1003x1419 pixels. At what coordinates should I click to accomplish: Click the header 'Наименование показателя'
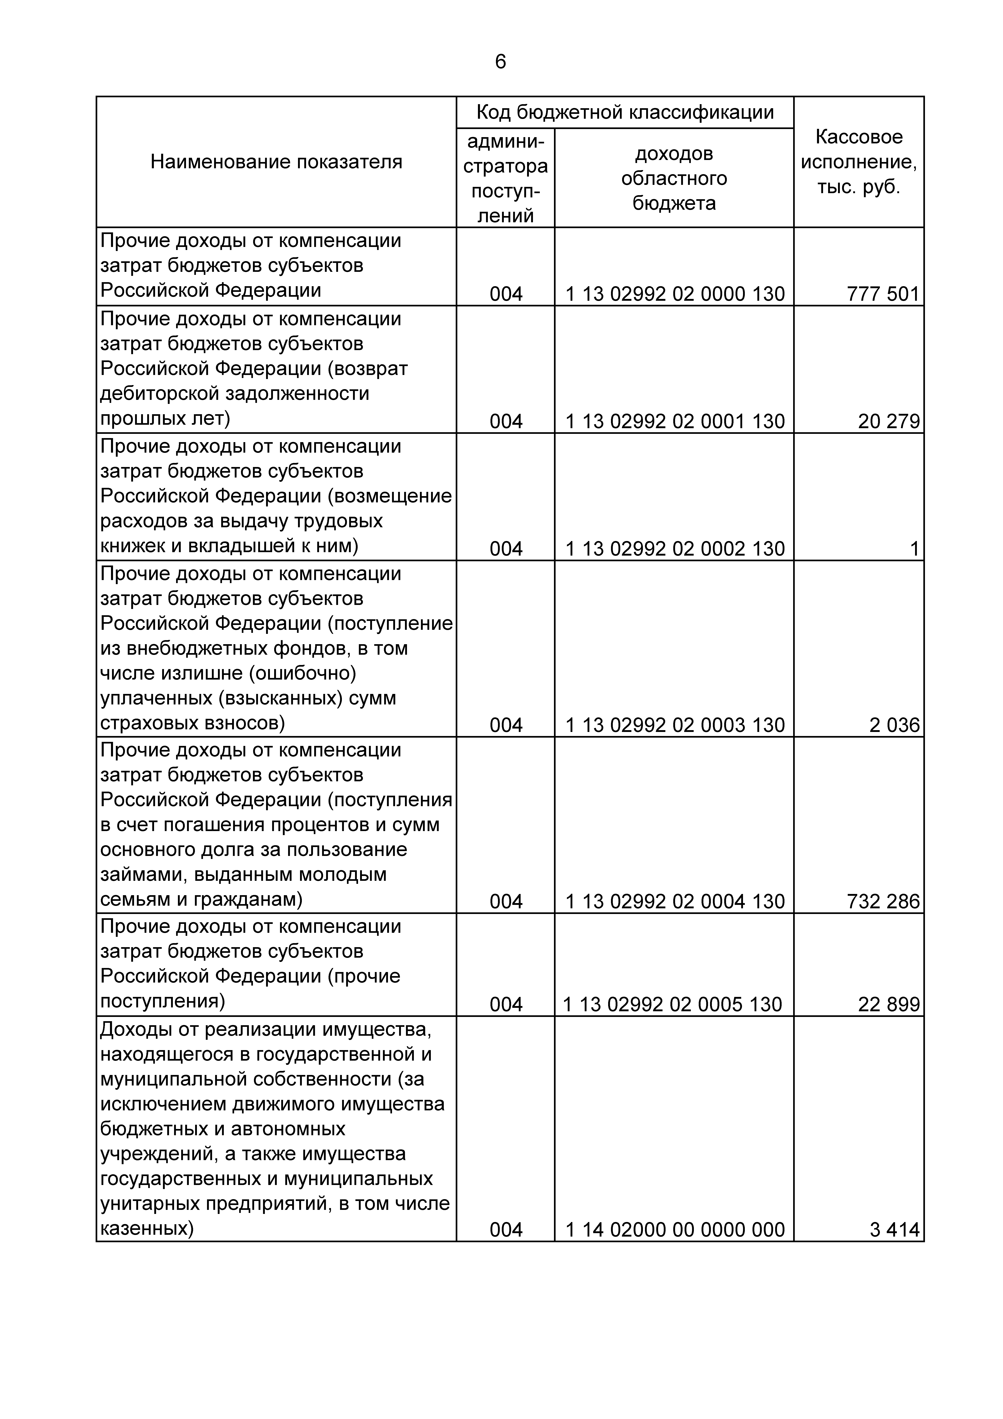276,162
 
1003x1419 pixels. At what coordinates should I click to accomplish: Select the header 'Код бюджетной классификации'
625,112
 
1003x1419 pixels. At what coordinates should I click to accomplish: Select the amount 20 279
889,421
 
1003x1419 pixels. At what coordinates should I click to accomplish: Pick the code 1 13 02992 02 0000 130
675,294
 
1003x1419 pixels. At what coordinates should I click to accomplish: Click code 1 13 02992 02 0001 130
675,421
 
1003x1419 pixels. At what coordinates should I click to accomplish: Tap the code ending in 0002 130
675,549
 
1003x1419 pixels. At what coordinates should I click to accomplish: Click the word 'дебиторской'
160,394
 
